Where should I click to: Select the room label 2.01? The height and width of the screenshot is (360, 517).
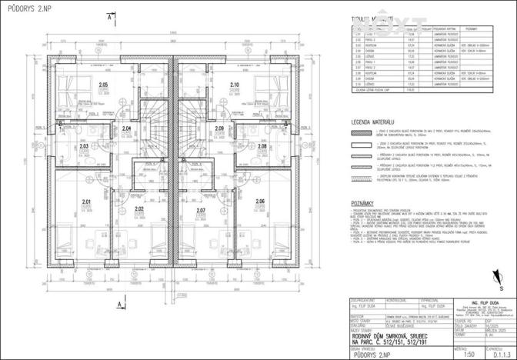coord(87,202)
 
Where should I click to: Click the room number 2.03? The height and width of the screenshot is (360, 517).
coord(84,145)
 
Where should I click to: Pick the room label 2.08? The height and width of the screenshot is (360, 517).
coord(262,145)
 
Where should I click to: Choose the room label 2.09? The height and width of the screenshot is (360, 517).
coord(219,128)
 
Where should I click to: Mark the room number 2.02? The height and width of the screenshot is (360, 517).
coord(139,209)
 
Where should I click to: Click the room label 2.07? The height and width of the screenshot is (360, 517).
coord(201,210)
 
